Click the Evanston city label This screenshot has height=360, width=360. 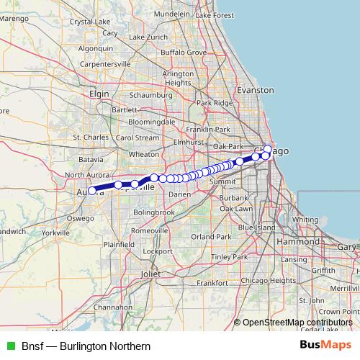[x=257, y=90]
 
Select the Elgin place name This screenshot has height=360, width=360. [x=99, y=94]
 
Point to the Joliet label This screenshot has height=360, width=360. [x=151, y=274]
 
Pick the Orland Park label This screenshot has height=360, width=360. [x=211, y=236]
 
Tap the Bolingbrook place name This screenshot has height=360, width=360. [x=154, y=212]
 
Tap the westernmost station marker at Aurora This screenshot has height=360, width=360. [x=91, y=191]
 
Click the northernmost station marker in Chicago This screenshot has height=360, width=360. [x=268, y=149]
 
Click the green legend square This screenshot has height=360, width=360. [x=10, y=346]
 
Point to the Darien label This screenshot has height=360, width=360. [x=180, y=194]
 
